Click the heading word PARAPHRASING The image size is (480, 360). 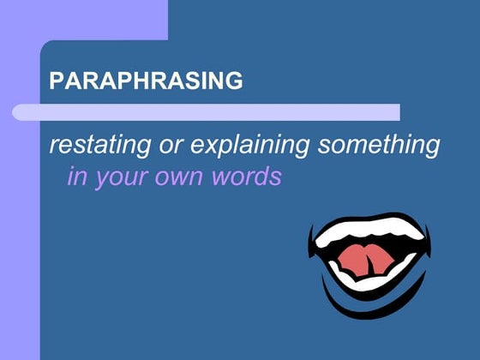coord(146,81)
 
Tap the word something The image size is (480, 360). coord(379,147)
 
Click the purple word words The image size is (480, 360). coord(250,177)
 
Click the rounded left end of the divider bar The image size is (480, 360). coord(18,112)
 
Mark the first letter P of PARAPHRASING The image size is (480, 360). coord(57,81)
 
